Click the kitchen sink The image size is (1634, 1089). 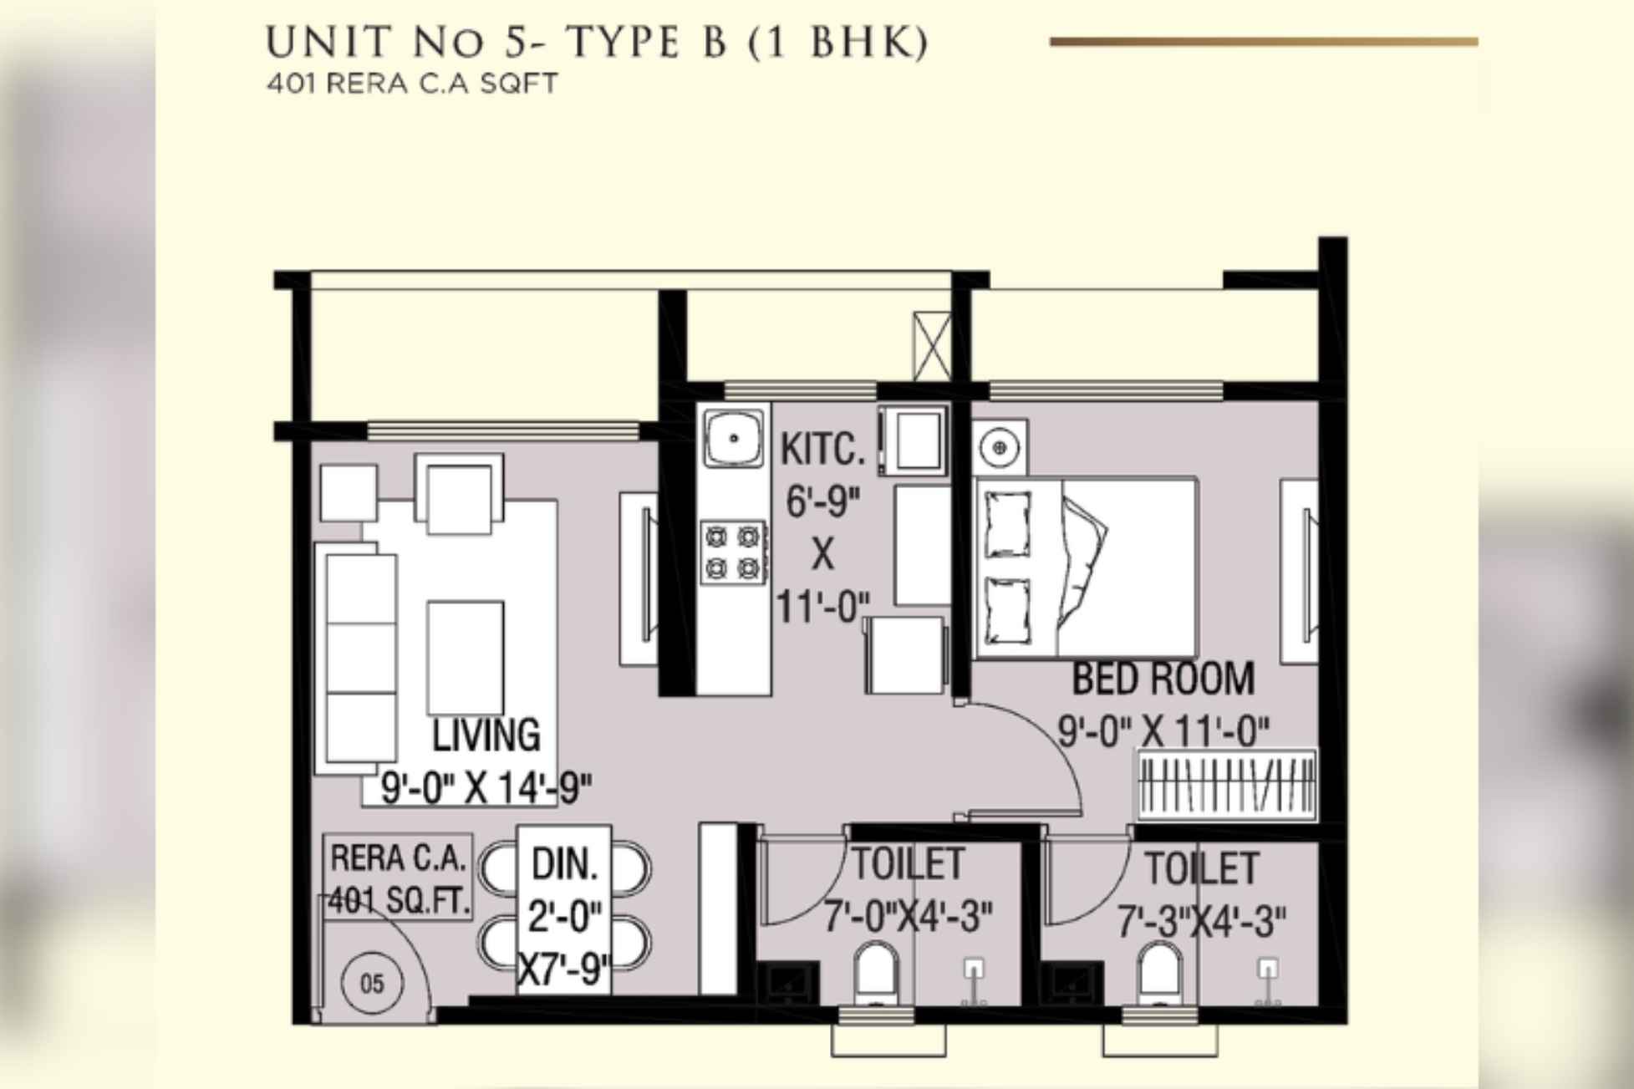click(733, 437)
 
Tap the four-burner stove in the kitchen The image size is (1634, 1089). click(733, 552)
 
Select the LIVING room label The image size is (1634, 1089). click(486, 735)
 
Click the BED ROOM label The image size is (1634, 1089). click(1163, 679)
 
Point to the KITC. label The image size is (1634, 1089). click(822, 450)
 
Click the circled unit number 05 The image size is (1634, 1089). click(372, 983)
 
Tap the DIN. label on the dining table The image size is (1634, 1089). click(565, 864)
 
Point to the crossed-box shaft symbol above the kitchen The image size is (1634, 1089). click(931, 346)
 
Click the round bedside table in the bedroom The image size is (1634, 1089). click(1000, 448)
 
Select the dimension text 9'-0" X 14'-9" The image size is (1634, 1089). click(486, 787)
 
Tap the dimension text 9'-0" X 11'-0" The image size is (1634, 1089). click(1163, 732)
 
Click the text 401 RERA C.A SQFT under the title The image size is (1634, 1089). click(411, 84)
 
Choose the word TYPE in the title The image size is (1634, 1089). click(622, 43)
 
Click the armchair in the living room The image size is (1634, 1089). click(458, 494)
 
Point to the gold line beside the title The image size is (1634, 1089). click(1263, 41)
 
